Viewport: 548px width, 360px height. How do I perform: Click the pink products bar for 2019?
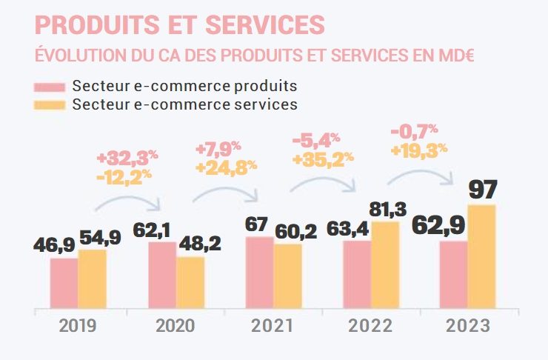pyautogui.click(x=64, y=282)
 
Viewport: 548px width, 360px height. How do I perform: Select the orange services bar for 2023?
pyautogui.click(x=481, y=256)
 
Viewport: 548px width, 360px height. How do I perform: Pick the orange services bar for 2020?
pyautogui.click(x=190, y=281)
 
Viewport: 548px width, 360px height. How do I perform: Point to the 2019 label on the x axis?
pyautogui.click(x=78, y=326)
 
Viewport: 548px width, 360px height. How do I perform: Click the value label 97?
pyautogui.click(x=482, y=189)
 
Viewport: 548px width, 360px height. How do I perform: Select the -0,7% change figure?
pyautogui.click(x=415, y=133)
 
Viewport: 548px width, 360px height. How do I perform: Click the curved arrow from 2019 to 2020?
pyautogui.click(x=130, y=201)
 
